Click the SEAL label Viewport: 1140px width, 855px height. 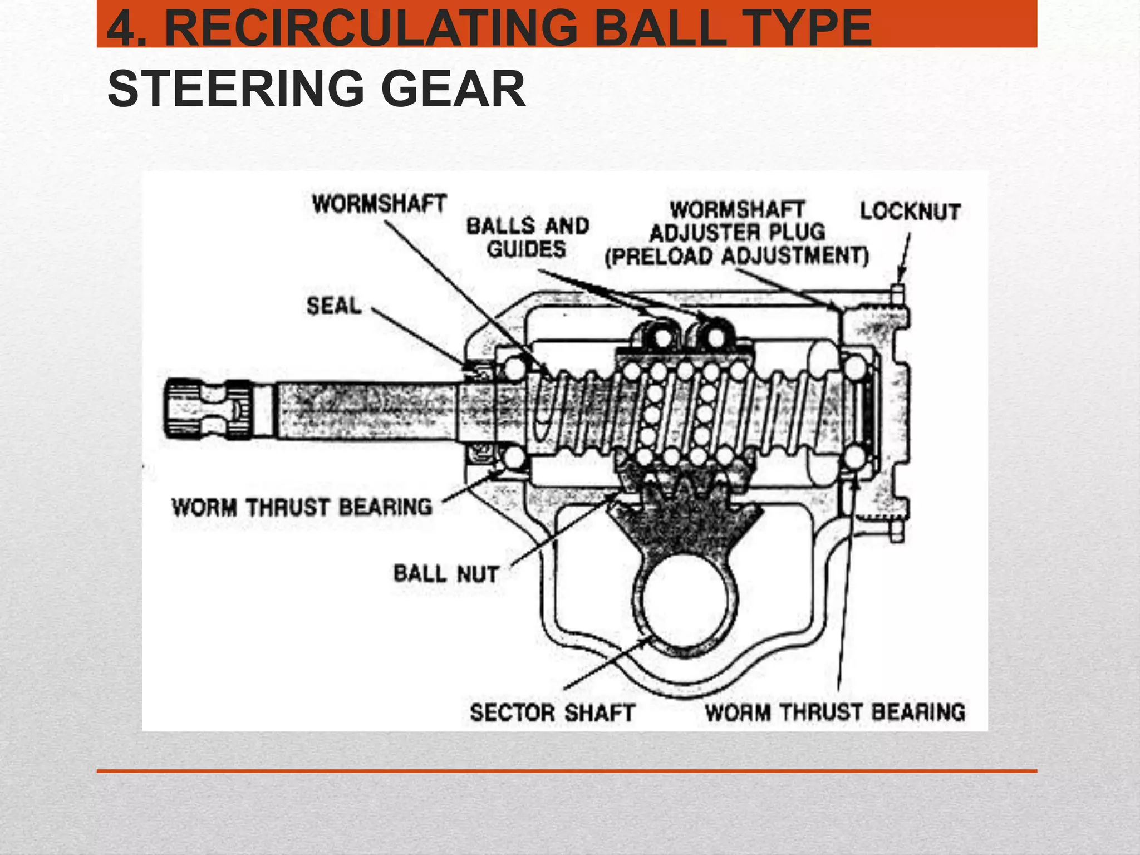pos(334,306)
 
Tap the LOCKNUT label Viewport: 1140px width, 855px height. pos(910,212)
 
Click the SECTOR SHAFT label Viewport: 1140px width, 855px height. pos(552,713)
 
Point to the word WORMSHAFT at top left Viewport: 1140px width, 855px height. pos(379,203)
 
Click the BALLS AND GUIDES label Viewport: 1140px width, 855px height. pos(527,237)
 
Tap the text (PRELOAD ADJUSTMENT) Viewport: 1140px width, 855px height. pos(736,257)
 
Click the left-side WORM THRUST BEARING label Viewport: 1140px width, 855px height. pos(302,507)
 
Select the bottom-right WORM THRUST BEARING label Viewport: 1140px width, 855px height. pos(834,712)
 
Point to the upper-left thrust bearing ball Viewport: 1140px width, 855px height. pos(515,368)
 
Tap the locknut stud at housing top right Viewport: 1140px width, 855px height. pos(897,295)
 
